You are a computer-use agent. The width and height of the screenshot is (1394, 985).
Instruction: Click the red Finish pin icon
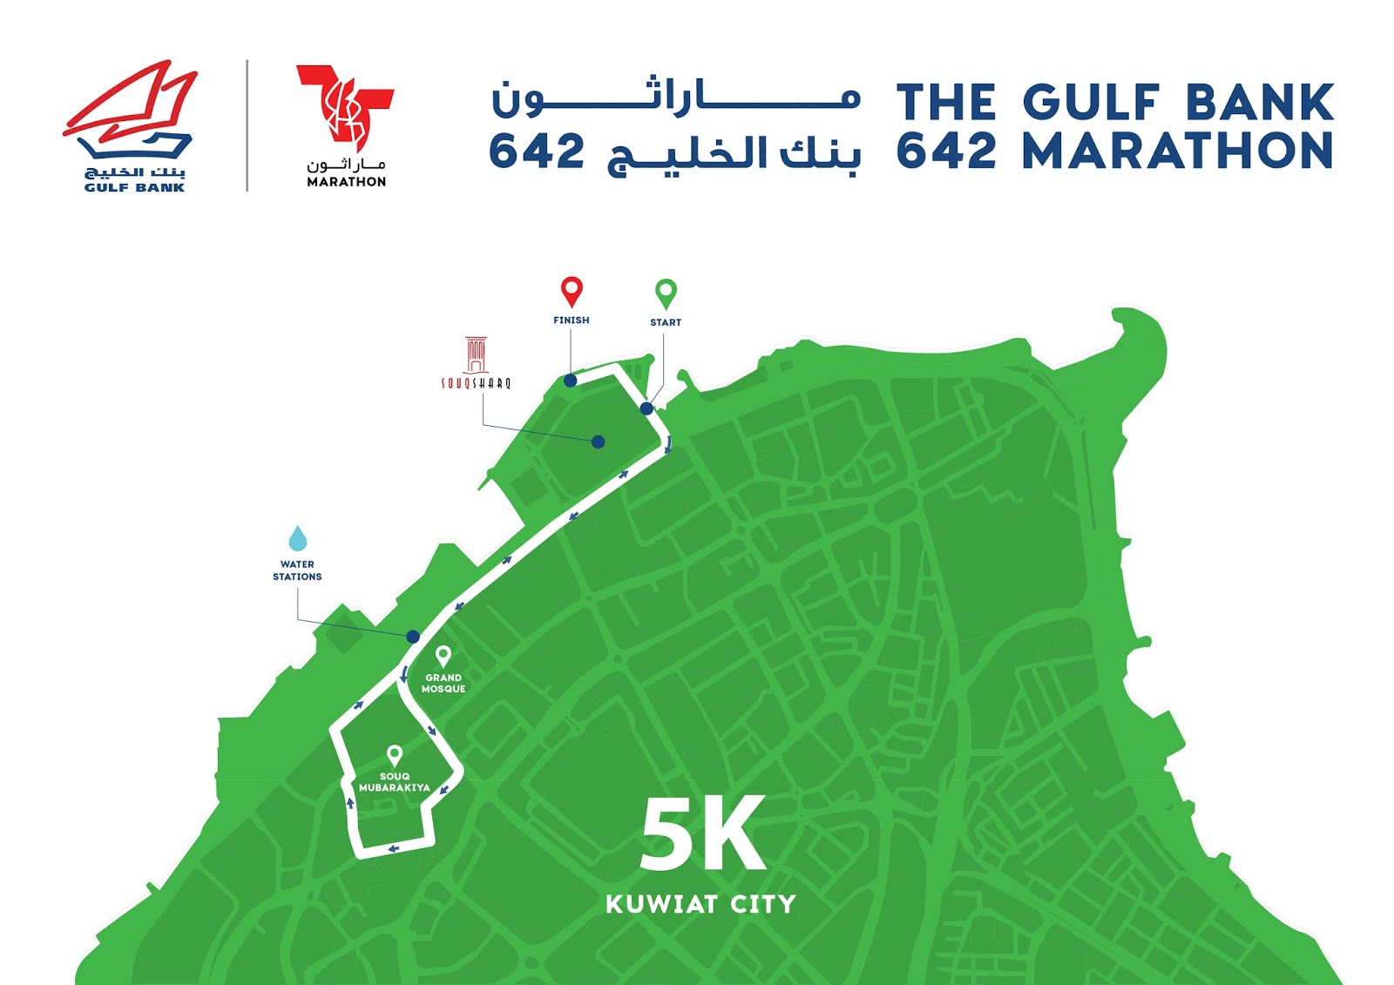tap(572, 291)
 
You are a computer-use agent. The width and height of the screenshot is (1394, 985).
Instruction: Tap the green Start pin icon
tap(666, 293)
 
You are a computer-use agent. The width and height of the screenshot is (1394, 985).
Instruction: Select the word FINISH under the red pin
tap(572, 320)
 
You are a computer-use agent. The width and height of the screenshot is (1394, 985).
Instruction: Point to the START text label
tap(666, 322)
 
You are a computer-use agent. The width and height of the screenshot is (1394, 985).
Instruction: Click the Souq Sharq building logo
tap(476, 362)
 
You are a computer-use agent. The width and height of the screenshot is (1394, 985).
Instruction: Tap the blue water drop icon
tap(298, 538)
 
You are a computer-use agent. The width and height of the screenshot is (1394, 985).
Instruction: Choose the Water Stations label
tap(297, 570)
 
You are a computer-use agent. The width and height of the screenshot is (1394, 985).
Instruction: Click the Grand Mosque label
tap(443, 683)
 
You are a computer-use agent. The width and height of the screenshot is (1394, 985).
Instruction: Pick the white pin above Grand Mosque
tap(443, 655)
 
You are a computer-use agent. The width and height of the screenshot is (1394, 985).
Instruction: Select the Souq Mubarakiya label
tap(395, 782)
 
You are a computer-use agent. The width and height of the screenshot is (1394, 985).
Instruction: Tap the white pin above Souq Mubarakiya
tap(395, 754)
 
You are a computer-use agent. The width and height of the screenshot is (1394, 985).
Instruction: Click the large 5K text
tap(703, 833)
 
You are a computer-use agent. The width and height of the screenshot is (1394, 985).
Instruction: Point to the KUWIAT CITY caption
tap(701, 904)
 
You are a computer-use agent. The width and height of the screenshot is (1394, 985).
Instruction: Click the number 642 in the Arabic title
tap(537, 152)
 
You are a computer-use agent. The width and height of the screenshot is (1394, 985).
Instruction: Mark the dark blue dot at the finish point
tap(570, 381)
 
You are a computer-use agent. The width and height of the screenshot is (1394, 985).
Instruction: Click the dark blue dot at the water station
tap(413, 637)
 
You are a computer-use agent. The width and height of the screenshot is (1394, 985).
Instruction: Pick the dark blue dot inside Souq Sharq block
tap(598, 442)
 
